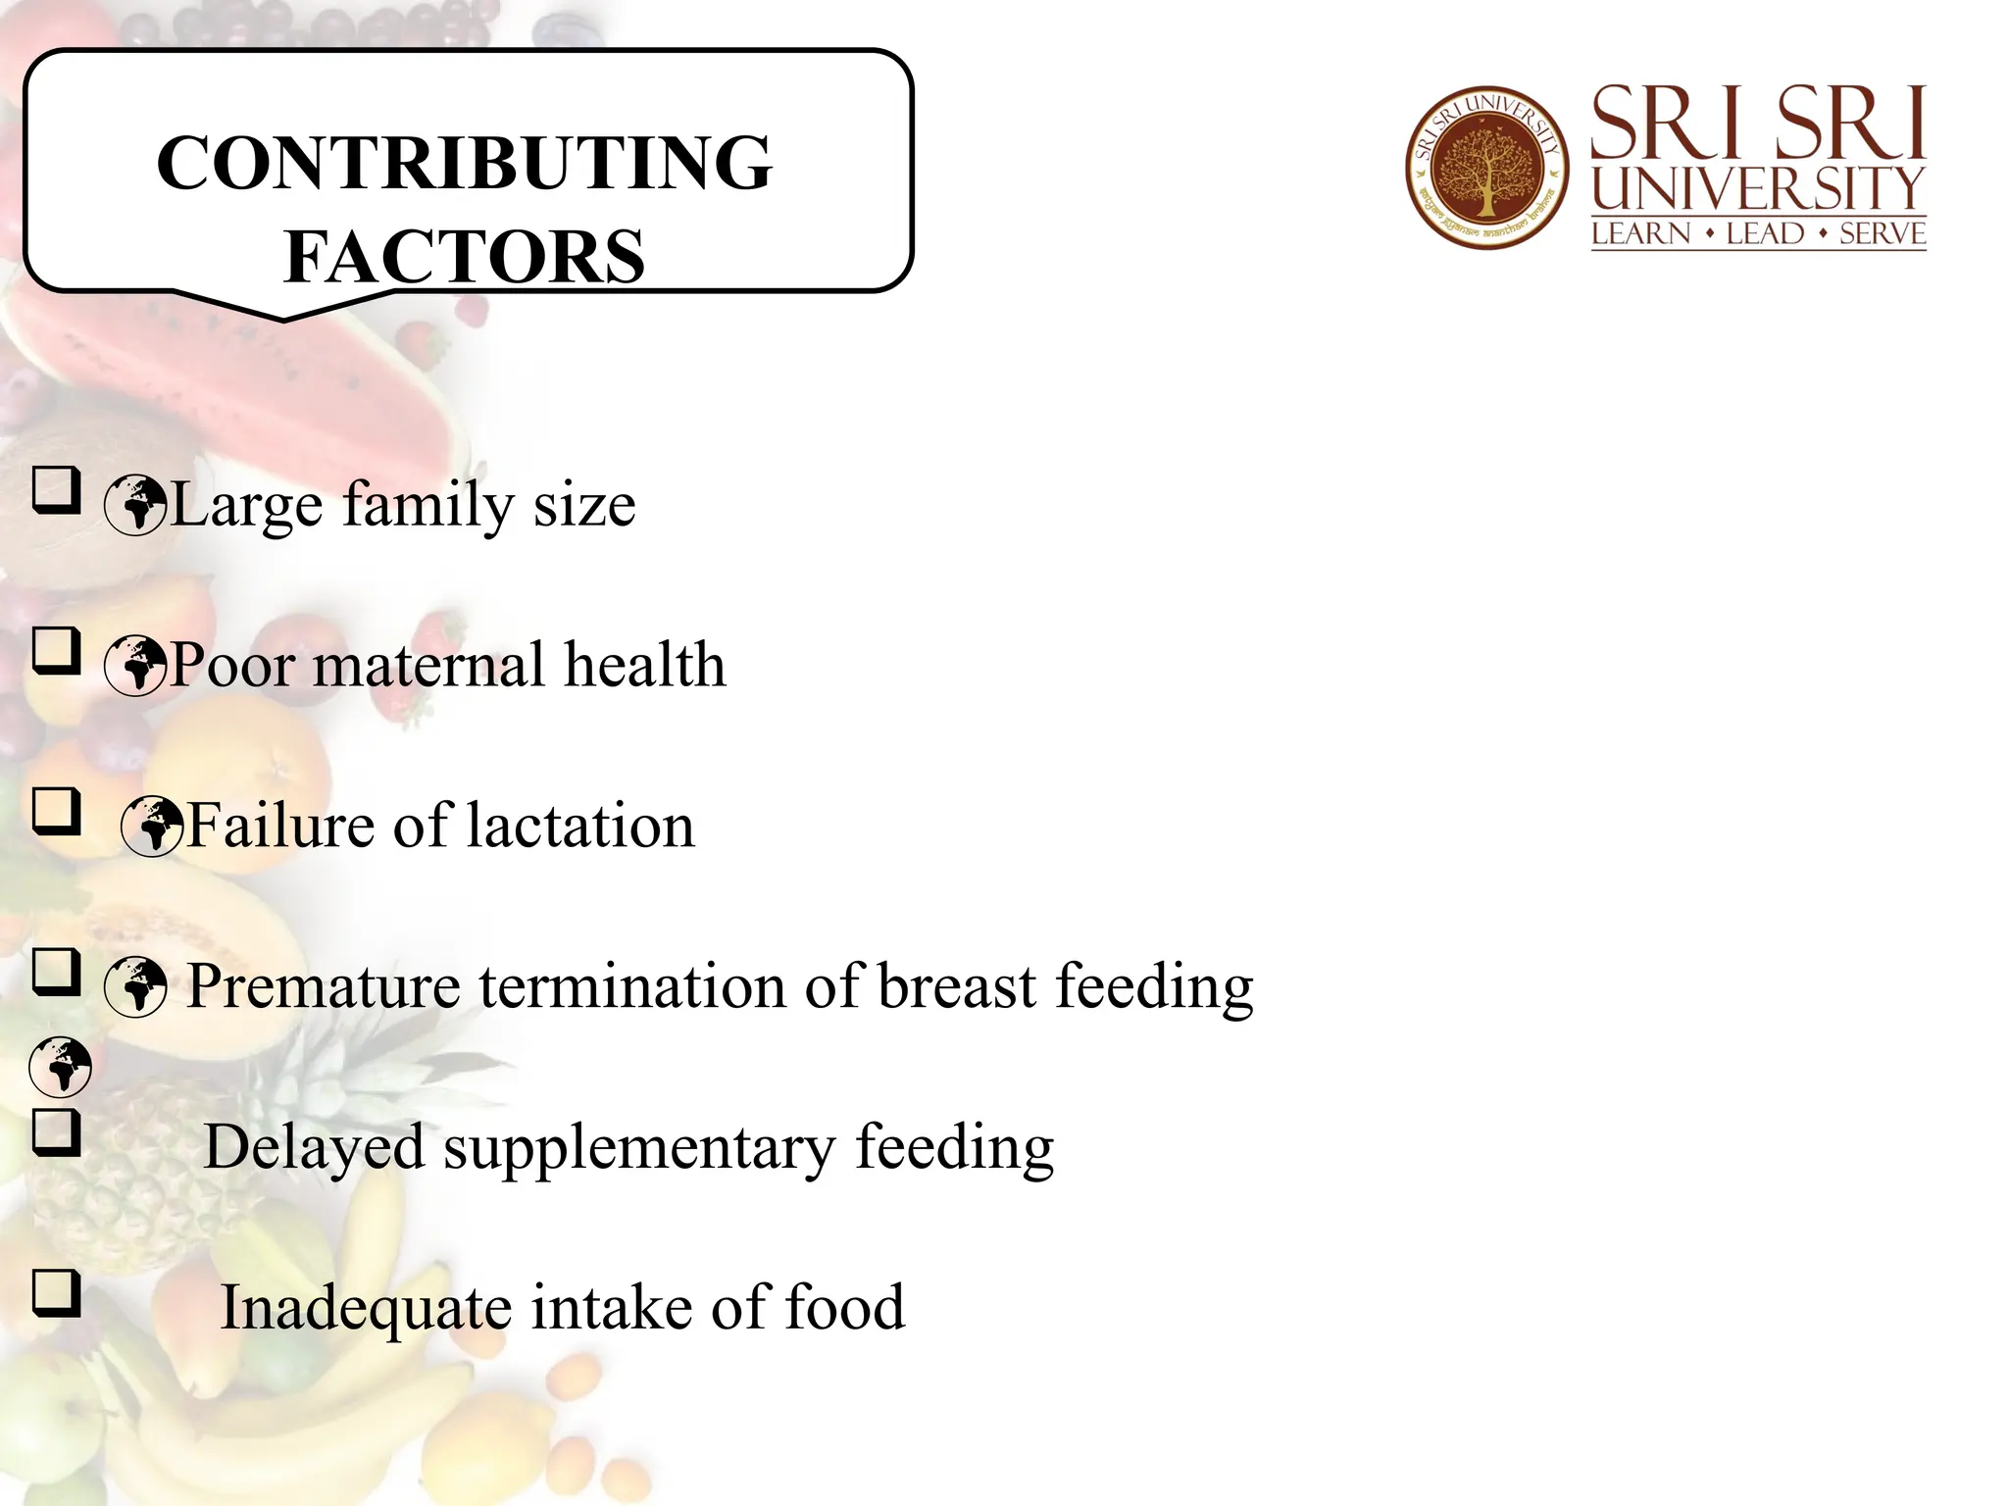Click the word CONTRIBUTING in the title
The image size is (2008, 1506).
click(464, 163)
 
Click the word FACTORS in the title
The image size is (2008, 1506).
click(464, 256)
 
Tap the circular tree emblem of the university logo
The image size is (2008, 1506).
click(1486, 167)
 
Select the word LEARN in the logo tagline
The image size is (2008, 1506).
click(1641, 234)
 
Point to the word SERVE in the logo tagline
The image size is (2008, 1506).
click(1882, 234)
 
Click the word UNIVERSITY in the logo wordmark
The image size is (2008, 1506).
click(1758, 188)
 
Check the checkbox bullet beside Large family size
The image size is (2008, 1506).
click(56, 489)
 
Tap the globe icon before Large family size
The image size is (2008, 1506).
click(135, 505)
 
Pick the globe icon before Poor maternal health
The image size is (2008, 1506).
click(135, 666)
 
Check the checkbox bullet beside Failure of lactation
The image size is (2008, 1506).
click(56, 811)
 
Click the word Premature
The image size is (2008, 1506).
click(324, 986)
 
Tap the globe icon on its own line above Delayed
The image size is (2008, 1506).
click(61, 1067)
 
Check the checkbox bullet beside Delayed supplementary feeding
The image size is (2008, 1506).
click(56, 1132)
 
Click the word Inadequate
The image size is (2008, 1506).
click(366, 1308)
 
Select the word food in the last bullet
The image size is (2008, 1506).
click(845, 1308)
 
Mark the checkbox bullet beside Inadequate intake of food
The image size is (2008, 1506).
click(56, 1292)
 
